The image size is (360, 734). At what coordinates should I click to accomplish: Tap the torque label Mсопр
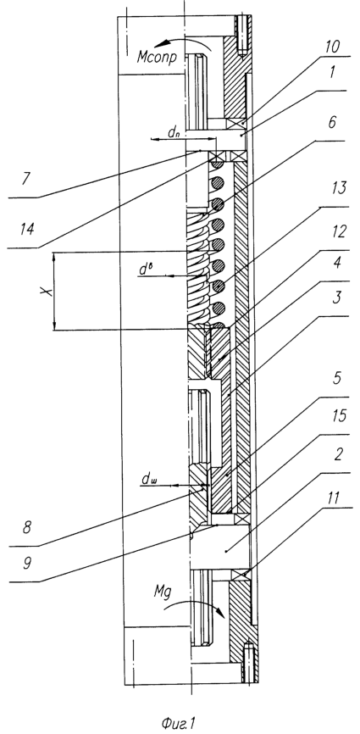pos(157,58)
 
